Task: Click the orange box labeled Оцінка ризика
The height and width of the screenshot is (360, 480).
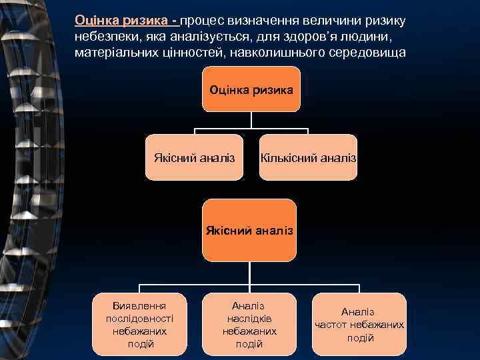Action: [x=251, y=89]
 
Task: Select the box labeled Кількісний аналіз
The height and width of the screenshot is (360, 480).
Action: [x=308, y=158]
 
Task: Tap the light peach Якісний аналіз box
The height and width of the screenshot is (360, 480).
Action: [x=194, y=158]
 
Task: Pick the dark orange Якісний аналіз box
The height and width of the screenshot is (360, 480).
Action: [x=249, y=230]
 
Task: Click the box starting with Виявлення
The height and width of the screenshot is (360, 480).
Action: [x=140, y=321]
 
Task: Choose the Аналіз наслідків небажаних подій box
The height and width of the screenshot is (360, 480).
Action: [x=249, y=324]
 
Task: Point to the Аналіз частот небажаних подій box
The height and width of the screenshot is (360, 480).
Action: [x=359, y=324]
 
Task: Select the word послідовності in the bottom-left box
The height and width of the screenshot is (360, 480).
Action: [x=140, y=318]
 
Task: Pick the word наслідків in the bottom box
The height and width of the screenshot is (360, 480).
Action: [x=249, y=318]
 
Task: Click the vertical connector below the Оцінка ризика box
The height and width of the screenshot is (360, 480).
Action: [x=251, y=119]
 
